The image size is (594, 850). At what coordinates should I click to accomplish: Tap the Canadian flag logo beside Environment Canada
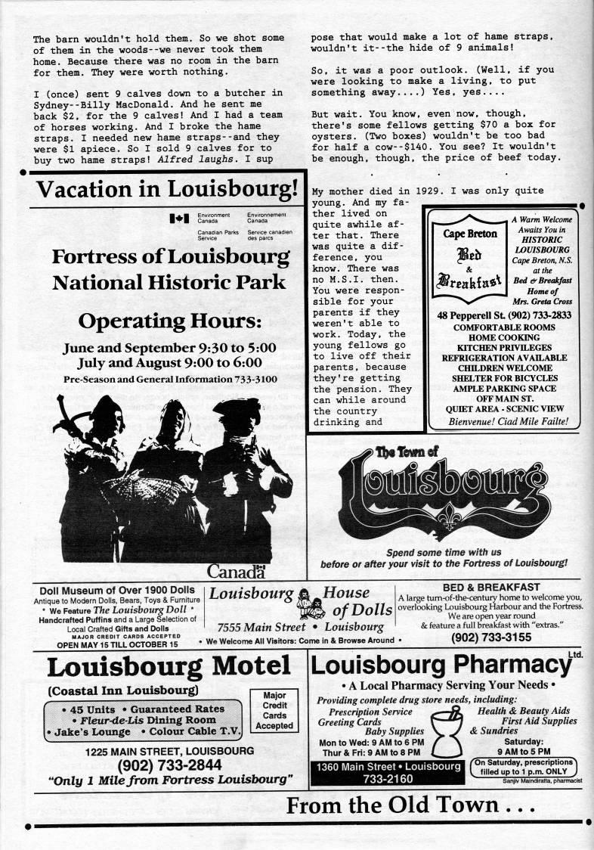pyautogui.click(x=180, y=219)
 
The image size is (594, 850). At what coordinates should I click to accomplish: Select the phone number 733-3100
pyautogui.click(x=255, y=379)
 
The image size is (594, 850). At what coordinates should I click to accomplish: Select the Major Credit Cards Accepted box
pyautogui.click(x=274, y=709)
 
